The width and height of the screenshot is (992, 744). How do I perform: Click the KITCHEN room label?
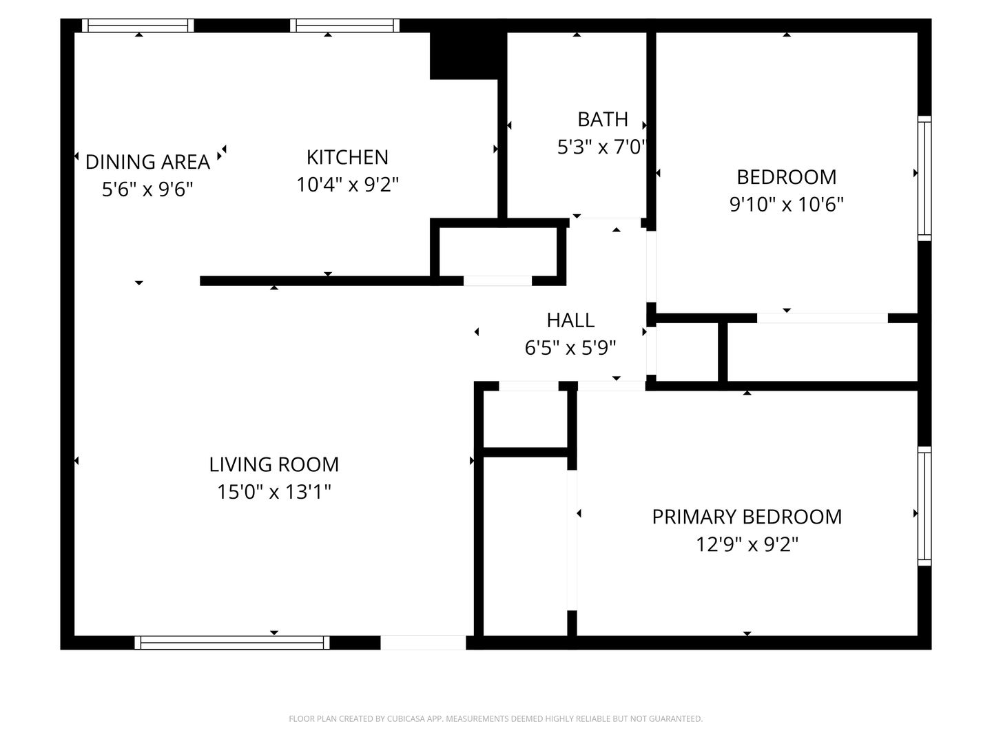(347, 157)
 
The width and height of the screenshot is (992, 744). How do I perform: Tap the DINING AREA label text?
(147, 162)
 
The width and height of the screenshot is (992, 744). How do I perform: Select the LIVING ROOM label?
(273, 464)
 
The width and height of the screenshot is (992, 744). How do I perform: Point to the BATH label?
(602, 119)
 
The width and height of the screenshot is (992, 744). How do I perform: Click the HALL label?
(570, 320)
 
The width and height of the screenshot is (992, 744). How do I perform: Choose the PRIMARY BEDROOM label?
(747, 517)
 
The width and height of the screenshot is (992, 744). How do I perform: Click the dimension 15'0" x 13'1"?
(273, 492)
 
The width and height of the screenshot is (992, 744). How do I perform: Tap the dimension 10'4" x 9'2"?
(347, 185)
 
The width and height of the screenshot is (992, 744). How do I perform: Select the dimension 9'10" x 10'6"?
(786, 205)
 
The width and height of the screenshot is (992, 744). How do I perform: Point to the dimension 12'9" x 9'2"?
(747, 545)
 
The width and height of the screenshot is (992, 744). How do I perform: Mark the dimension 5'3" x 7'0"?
(602, 147)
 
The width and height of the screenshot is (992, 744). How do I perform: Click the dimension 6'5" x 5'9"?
(570, 348)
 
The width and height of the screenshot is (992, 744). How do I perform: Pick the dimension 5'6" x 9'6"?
(147, 189)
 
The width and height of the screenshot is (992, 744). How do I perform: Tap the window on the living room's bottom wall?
(231, 643)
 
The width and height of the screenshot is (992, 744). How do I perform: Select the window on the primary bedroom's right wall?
(924, 506)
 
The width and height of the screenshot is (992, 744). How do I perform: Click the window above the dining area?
(138, 25)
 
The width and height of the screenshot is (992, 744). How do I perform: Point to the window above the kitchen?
(344, 25)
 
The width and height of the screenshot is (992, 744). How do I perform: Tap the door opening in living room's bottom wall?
(423, 643)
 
